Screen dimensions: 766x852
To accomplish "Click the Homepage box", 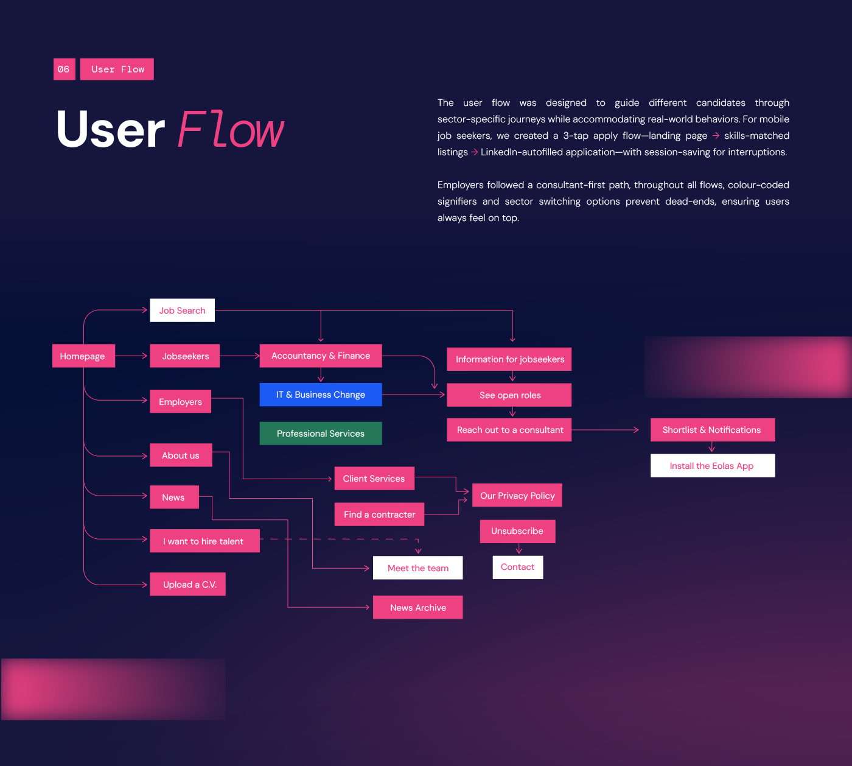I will pos(83,356).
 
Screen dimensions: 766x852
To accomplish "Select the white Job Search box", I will pos(182,311).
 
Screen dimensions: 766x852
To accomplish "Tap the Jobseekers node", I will pos(185,356).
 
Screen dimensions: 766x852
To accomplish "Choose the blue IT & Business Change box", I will pos(321,395).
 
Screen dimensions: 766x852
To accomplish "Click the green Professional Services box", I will pos(321,434).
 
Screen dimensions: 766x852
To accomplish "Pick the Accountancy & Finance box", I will pos(321,356).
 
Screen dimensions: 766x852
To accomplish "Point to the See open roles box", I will pos(509,395).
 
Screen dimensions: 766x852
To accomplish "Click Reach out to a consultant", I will pos(509,430).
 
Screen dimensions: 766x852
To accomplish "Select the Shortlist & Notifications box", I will pos(712,430).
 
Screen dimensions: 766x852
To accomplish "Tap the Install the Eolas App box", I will pos(712,466).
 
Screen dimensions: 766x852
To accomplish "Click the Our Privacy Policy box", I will pos(517,496).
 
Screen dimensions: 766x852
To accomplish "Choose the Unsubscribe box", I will pos(517,531).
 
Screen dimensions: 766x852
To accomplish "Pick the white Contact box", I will pos(517,567).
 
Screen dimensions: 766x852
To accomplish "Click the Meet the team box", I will pos(418,568).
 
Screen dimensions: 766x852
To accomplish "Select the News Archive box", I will pos(418,608).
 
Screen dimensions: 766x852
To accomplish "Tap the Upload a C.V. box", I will pos(188,585).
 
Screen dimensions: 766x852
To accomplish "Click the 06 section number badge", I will pos(64,69).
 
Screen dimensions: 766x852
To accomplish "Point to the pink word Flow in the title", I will pos(231,130).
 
